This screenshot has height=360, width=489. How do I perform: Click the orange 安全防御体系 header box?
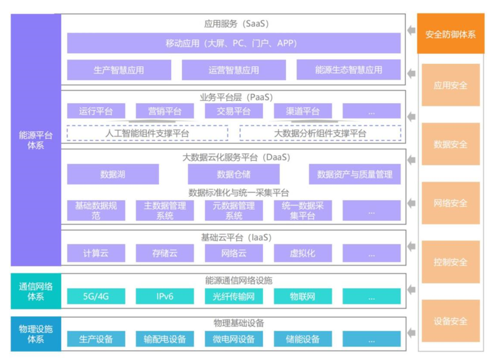point(450,34)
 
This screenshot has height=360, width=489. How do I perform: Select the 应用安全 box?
point(450,85)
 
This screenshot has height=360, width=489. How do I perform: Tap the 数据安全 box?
point(450,144)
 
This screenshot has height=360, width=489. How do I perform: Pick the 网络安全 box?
point(450,203)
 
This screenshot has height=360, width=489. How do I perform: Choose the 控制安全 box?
point(450,262)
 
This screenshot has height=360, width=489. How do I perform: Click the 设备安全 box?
point(450,321)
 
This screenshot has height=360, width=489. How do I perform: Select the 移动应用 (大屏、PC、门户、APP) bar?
point(234,43)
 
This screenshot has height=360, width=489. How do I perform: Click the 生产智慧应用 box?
point(119,70)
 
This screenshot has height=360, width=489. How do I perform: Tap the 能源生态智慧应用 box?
point(349,70)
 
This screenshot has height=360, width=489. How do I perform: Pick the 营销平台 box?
point(164,111)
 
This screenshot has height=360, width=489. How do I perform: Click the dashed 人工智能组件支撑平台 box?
point(147,133)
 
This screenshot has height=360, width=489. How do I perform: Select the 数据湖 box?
point(113,174)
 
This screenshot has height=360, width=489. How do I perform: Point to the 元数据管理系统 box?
point(234,211)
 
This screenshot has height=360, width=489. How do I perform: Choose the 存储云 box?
point(164,253)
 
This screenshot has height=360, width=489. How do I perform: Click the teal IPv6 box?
point(164,297)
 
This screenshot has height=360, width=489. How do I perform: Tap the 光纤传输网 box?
point(234,297)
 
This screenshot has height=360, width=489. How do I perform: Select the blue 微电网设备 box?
point(234,339)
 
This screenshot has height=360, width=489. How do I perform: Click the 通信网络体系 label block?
point(35,291)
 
